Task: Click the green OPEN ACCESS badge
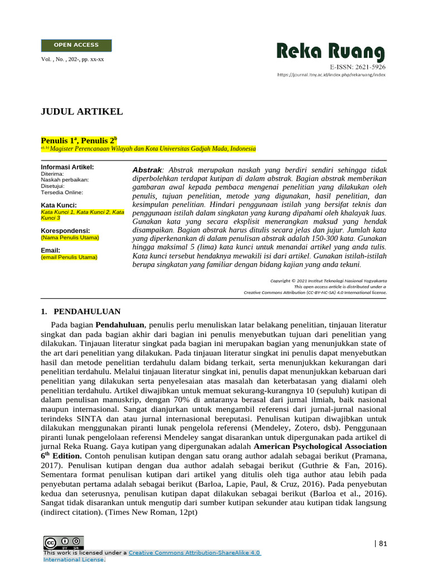(76, 45)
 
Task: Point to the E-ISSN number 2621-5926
(357, 67)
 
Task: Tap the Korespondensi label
(65, 231)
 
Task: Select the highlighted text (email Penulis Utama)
(69, 257)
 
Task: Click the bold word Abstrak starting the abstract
(147, 169)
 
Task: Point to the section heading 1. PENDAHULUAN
(80, 311)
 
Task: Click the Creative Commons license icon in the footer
(64, 543)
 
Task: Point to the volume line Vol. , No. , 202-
(72, 59)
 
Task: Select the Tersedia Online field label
(62, 192)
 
